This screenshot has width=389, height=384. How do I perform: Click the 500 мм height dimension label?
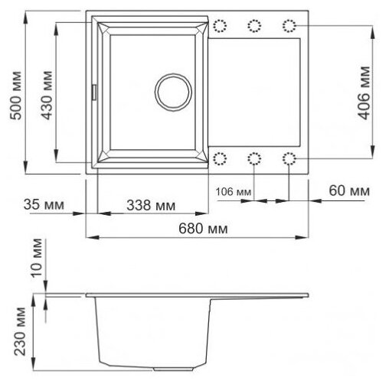(x=16, y=96)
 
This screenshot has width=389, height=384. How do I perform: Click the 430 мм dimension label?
(x=47, y=96)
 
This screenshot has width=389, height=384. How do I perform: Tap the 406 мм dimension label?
(x=364, y=93)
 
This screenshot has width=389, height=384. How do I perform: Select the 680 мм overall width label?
(x=203, y=228)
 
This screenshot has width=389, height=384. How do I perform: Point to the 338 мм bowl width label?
(x=151, y=205)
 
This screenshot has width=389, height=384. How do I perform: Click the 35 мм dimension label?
(x=44, y=204)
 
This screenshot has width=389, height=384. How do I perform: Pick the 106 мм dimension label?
(x=234, y=191)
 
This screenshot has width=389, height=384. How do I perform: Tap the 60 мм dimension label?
(x=349, y=190)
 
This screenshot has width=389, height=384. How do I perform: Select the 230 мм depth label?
(x=20, y=331)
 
